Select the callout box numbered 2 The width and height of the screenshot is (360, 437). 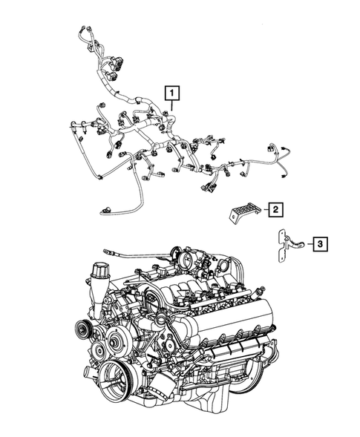click(274, 210)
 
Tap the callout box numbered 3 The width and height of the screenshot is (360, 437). click(318, 243)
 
